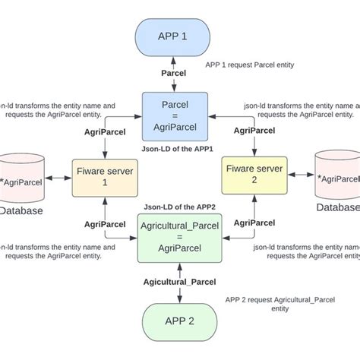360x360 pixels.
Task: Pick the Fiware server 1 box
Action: pos(103,178)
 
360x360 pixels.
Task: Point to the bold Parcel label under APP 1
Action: pos(174,73)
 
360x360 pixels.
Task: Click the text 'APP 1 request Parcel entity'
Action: pos(250,65)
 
